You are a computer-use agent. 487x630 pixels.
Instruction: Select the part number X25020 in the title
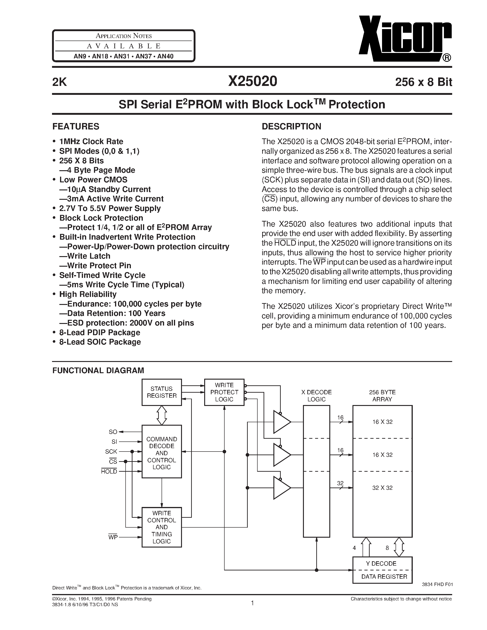point(253,81)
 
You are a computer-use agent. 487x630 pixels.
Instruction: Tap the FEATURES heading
point(76,126)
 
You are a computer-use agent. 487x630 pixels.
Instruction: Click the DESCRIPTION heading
point(291,126)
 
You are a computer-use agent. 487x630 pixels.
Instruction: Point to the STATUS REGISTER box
point(162,392)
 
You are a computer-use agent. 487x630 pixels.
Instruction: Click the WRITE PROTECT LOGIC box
point(224,392)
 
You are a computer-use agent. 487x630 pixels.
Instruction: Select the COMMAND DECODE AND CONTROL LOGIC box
point(162,453)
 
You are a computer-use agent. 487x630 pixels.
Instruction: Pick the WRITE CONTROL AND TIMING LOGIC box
point(162,527)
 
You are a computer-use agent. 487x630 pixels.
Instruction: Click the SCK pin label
point(111,452)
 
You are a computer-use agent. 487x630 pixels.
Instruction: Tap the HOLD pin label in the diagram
point(109,471)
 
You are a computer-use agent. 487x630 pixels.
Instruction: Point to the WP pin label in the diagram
point(113,537)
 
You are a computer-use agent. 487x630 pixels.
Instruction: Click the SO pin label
point(113,432)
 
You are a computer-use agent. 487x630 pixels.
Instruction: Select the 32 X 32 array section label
point(382,488)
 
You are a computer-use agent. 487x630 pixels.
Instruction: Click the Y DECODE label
point(381,563)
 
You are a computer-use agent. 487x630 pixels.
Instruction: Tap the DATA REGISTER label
point(384,577)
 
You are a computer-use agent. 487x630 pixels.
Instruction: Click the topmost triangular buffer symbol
point(281,422)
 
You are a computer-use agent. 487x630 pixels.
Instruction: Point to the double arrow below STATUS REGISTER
point(162,415)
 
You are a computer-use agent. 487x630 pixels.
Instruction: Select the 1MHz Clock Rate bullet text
point(91,141)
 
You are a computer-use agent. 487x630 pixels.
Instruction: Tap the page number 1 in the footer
point(253,603)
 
